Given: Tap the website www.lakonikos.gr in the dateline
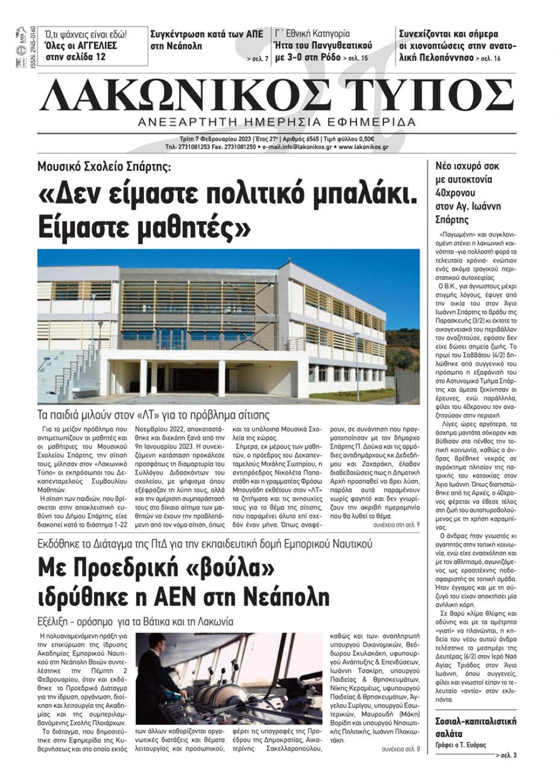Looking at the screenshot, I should (x=363, y=147).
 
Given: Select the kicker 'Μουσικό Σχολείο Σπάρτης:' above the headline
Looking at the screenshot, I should (x=105, y=166).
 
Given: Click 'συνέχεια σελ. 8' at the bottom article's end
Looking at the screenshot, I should (x=401, y=749).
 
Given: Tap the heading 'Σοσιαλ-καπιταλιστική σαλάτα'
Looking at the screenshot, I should (x=475, y=727).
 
